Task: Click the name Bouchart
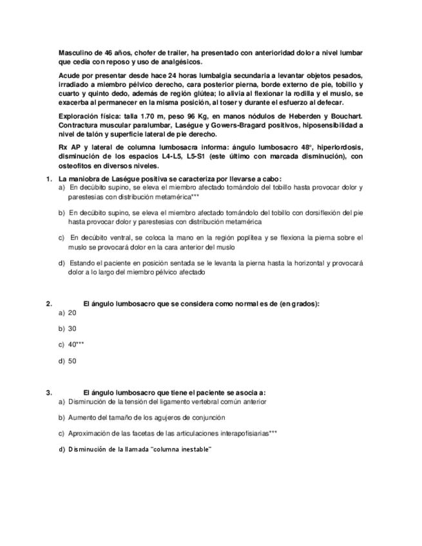pos(345,116)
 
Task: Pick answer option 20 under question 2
pos(72,312)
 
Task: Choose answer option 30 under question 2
pos(72,328)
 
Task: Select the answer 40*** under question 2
pos(76,344)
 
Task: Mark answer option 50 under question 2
pos(72,361)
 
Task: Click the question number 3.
pos(48,392)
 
